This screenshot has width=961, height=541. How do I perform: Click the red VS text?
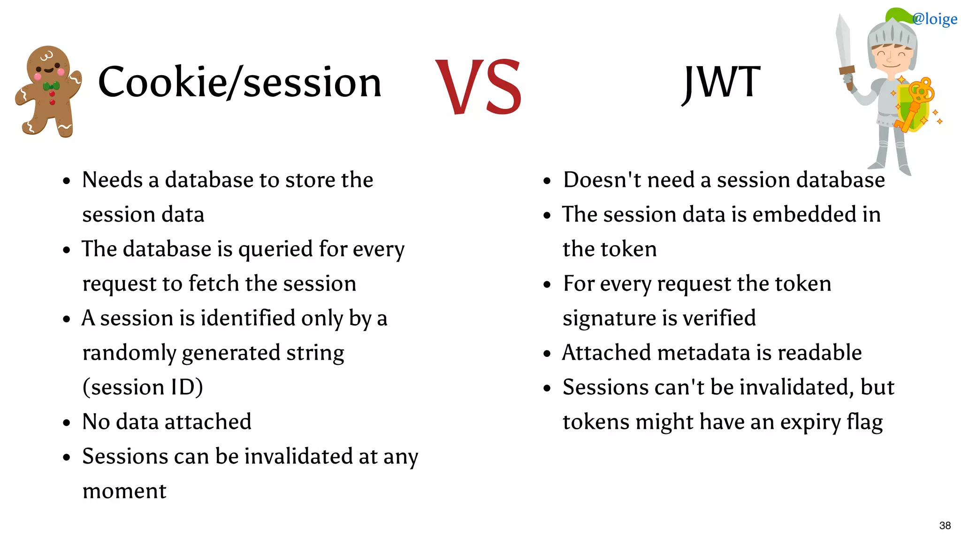479,87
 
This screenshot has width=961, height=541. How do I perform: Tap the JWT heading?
721,83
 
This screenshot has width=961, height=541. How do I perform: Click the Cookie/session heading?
240,83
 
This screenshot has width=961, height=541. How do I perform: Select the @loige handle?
935,19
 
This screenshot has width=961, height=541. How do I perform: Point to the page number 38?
945,526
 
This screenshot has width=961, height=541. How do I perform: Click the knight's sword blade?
844,43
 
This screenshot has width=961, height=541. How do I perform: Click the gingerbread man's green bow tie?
51,86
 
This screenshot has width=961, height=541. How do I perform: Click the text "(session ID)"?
143,387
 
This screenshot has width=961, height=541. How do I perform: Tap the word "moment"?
124,491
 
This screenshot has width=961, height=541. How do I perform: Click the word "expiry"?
810,422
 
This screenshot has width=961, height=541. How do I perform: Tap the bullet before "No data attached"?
67,423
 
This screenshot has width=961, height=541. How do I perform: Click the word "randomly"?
129,353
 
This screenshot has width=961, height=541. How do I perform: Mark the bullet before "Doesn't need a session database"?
547,181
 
